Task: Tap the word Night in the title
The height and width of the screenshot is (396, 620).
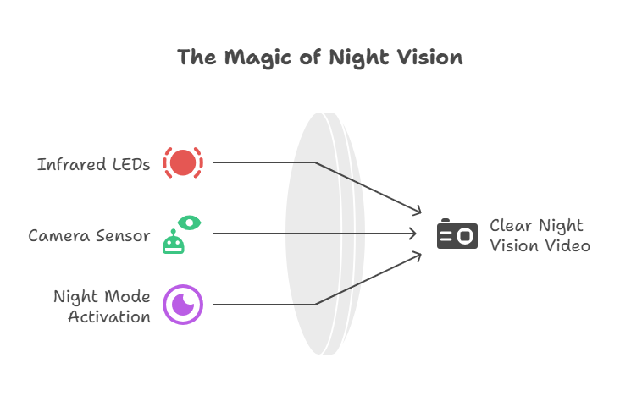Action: (x=356, y=58)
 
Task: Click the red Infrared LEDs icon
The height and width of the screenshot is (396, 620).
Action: (x=183, y=162)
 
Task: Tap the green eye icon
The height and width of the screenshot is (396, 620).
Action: (x=190, y=223)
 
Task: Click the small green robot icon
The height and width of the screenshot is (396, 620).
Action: (x=174, y=243)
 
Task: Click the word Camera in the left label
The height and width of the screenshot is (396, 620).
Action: (x=57, y=235)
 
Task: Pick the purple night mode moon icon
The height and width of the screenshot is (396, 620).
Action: (x=183, y=305)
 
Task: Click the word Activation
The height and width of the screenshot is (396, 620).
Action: (x=109, y=317)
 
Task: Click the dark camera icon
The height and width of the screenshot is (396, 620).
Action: (x=457, y=234)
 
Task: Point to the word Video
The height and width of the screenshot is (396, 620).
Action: (x=567, y=246)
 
